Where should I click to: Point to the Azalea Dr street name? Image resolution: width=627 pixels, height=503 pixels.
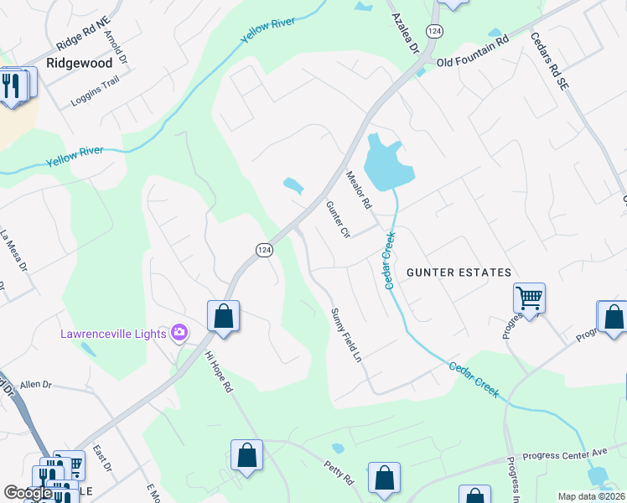(x=403, y=30)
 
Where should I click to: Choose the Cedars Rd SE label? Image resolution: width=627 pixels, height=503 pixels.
(x=549, y=62)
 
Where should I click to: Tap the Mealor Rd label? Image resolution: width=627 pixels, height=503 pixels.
(x=358, y=190)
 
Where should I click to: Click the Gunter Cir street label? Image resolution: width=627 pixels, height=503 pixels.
(x=337, y=220)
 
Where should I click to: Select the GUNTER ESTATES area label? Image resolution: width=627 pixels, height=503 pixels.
(x=459, y=273)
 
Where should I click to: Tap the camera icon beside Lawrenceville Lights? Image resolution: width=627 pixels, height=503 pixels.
(x=179, y=334)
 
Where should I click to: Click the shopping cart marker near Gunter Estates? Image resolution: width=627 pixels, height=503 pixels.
(x=529, y=297)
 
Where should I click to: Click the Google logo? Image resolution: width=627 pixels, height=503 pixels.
(x=28, y=493)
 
